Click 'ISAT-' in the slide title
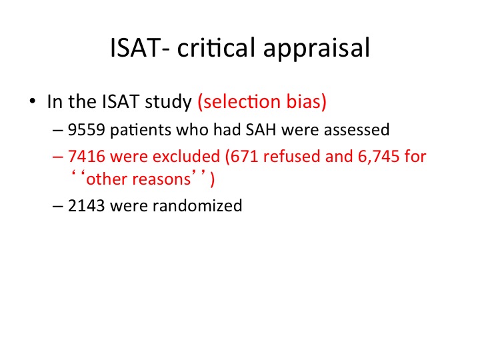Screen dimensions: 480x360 (x=140, y=48)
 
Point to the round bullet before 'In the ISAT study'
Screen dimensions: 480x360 (x=33, y=101)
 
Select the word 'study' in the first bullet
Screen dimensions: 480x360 (x=169, y=102)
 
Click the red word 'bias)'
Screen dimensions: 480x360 (x=307, y=101)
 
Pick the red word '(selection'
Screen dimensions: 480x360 (x=239, y=101)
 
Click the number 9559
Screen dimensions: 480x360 (x=87, y=130)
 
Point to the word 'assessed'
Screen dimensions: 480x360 (x=357, y=130)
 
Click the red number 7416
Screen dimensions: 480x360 (x=87, y=157)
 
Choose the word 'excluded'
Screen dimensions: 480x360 (x=186, y=156)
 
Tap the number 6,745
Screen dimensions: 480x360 (x=379, y=157)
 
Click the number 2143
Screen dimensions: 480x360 (x=87, y=206)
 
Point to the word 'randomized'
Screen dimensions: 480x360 (x=197, y=205)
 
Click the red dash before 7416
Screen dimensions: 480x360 (x=58, y=157)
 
